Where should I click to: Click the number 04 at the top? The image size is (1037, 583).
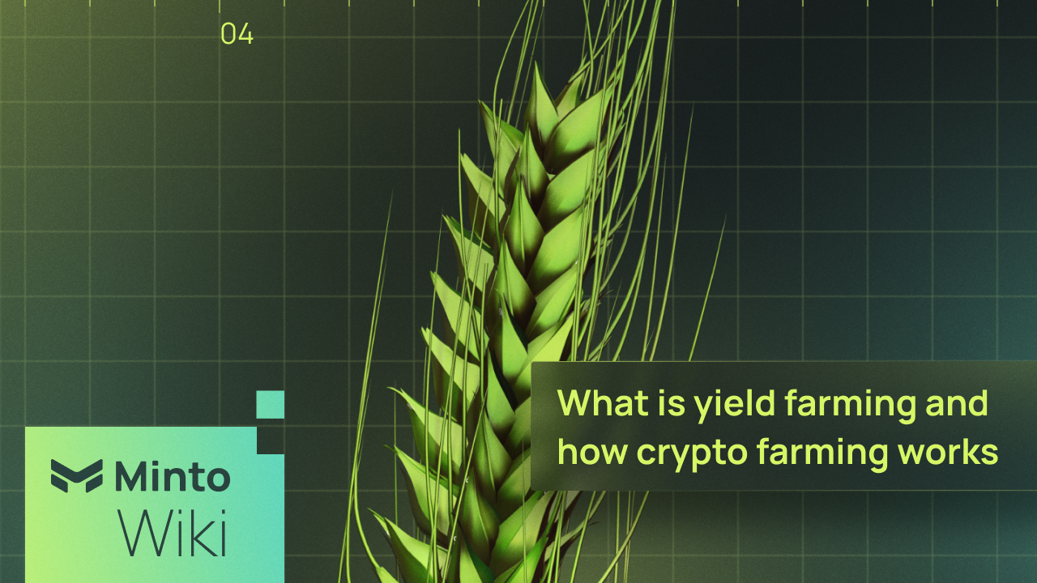tap(237, 34)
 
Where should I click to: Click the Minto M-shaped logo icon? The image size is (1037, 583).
tap(77, 475)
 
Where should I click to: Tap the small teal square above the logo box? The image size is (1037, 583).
tap(270, 404)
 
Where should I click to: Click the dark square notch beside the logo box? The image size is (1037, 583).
tap(270, 440)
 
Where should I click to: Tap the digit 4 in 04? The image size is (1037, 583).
tap(245, 34)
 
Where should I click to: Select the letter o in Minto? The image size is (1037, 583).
tap(216, 477)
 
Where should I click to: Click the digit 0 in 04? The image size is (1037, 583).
tap(228, 34)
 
